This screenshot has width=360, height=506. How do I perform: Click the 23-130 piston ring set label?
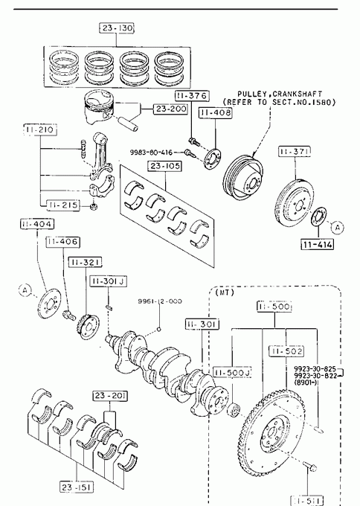(x=117, y=28)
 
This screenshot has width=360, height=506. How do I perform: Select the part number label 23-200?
(x=170, y=109)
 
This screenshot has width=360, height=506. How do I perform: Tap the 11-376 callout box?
(x=192, y=96)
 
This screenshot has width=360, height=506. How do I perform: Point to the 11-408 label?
(x=216, y=112)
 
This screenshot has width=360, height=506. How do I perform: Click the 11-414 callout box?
(x=317, y=244)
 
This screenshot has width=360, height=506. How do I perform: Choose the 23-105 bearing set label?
(x=166, y=166)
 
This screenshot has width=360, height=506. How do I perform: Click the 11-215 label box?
(x=63, y=205)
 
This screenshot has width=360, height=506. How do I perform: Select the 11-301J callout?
(x=108, y=281)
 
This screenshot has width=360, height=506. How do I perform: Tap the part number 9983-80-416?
(x=151, y=152)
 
